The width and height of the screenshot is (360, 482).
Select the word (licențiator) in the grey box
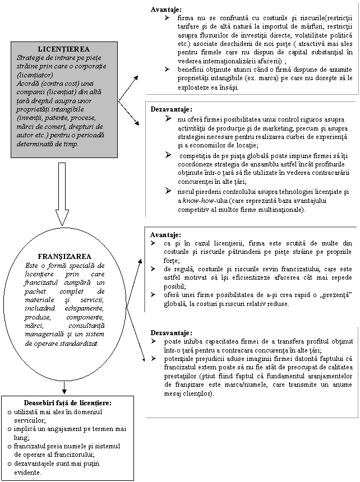tap(35, 74)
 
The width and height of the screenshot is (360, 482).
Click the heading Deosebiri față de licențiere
tap(67, 403)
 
